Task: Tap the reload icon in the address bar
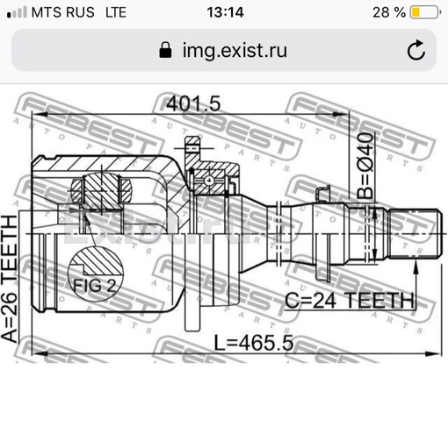415,50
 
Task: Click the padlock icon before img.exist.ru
164,50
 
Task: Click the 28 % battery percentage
387,12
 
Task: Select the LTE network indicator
115,12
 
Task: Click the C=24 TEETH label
349,300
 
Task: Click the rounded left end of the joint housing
37,237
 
